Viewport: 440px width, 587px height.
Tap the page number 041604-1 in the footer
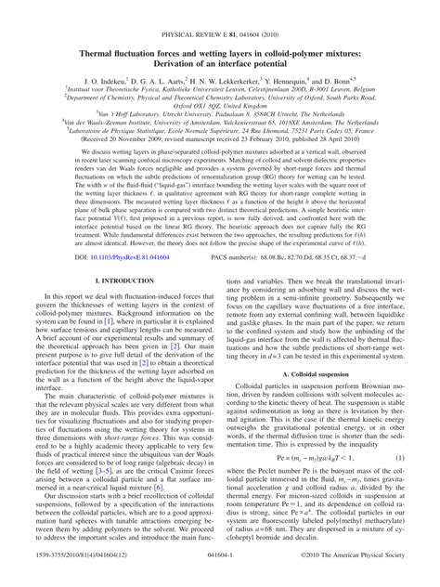click(220, 579)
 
